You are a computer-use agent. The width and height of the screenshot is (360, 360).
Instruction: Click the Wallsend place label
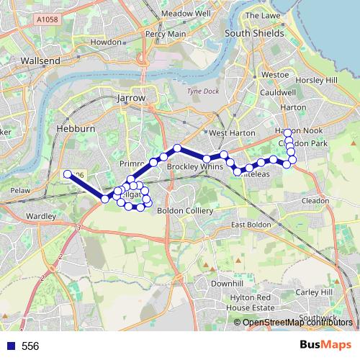(x=40, y=61)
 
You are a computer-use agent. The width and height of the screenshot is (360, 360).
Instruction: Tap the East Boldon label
(x=251, y=225)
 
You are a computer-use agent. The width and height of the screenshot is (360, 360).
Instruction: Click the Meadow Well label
(x=185, y=14)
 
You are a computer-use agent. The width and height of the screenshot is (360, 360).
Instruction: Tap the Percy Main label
(x=166, y=34)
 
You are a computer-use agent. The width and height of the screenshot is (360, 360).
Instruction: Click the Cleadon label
(x=315, y=200)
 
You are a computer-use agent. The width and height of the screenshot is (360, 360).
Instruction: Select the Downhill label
(x=227, y=284)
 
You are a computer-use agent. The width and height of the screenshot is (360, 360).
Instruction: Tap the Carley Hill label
(x=316, y=292)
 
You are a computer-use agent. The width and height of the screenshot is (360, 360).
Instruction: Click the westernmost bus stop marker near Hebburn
(x=67, y=174)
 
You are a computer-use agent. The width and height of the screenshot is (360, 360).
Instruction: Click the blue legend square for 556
(x=11, y=346)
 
